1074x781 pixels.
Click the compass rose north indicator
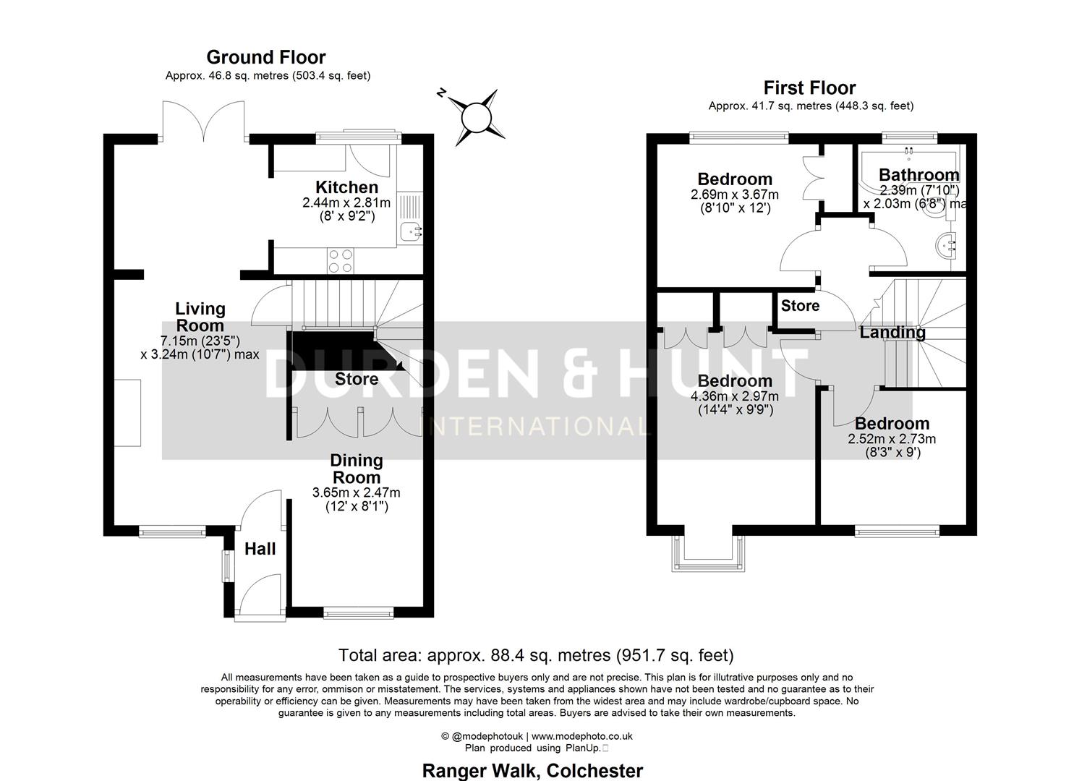[477, 115]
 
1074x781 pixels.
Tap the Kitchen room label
[346, 187]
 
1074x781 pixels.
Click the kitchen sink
[410, 231]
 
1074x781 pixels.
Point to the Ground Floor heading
[266, 57]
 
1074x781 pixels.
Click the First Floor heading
[809, 88]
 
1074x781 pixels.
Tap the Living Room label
[200, 317]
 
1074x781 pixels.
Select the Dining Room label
[356, 469]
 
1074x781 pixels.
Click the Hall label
[260, 549]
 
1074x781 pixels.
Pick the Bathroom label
[919, 174]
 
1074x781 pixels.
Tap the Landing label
[892, 333]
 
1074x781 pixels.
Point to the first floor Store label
[800, 306]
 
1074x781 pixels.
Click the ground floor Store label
[356, 379]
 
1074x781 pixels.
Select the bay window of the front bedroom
[707, 553]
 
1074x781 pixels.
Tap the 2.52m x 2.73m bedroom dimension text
[891, 439]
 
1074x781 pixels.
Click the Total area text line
[536, 655]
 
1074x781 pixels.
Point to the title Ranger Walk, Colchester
[532, 771]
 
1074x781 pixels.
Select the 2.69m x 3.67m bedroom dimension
[734, 195]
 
